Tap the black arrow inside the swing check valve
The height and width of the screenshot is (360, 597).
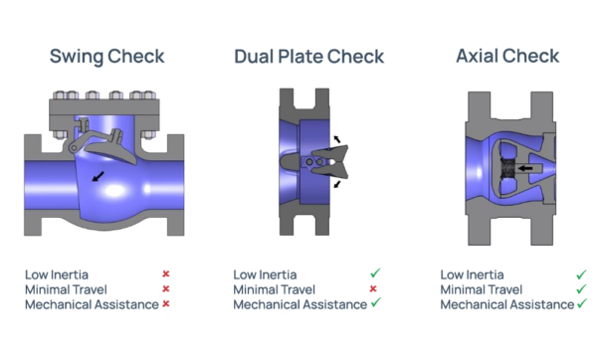click(98, 176)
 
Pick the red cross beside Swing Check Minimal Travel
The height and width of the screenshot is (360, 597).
click(165, 288)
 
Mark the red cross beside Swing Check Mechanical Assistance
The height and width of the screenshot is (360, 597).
click(165, 303)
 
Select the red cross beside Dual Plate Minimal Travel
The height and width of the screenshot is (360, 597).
click(374, 288)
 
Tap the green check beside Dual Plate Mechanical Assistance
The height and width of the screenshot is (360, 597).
click(375, 302)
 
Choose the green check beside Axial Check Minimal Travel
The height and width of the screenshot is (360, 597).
click(580, 288)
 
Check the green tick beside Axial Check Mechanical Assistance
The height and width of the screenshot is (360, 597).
click(580, 302)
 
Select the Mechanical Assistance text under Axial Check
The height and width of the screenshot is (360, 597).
click(505, 303)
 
